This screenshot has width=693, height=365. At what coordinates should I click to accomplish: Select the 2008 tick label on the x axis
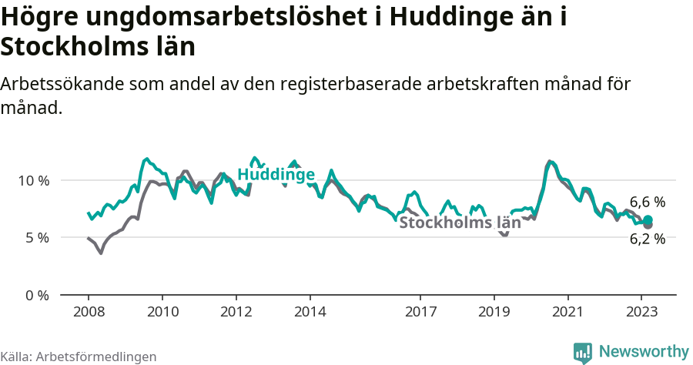point(89,312)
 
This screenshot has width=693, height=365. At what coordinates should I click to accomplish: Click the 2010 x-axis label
point(162,312)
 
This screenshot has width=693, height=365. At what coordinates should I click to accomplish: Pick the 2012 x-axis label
point(236,312)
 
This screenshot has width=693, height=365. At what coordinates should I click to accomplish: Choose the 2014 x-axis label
point(310,312)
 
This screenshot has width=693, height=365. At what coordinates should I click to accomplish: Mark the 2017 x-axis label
point(420,312)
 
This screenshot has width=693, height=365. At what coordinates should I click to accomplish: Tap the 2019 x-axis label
point(494,312)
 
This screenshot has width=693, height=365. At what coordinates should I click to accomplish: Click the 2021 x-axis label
point(568,312)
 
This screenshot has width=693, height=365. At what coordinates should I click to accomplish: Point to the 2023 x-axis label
point(641,312)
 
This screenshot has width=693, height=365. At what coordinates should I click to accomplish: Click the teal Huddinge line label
point(276,175)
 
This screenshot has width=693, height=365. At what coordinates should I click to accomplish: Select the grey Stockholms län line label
point(455,223)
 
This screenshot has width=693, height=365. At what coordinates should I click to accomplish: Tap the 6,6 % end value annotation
point(648,203)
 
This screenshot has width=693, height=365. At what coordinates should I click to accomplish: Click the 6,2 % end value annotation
point(647,239)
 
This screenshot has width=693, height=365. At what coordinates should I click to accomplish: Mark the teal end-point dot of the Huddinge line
point(648,220)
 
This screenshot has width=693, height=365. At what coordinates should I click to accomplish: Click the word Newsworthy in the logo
point(643,351)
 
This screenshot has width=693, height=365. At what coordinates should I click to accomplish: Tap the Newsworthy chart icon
point(583,352)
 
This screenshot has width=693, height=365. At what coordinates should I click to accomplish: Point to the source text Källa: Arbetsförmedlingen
point(79,357)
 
